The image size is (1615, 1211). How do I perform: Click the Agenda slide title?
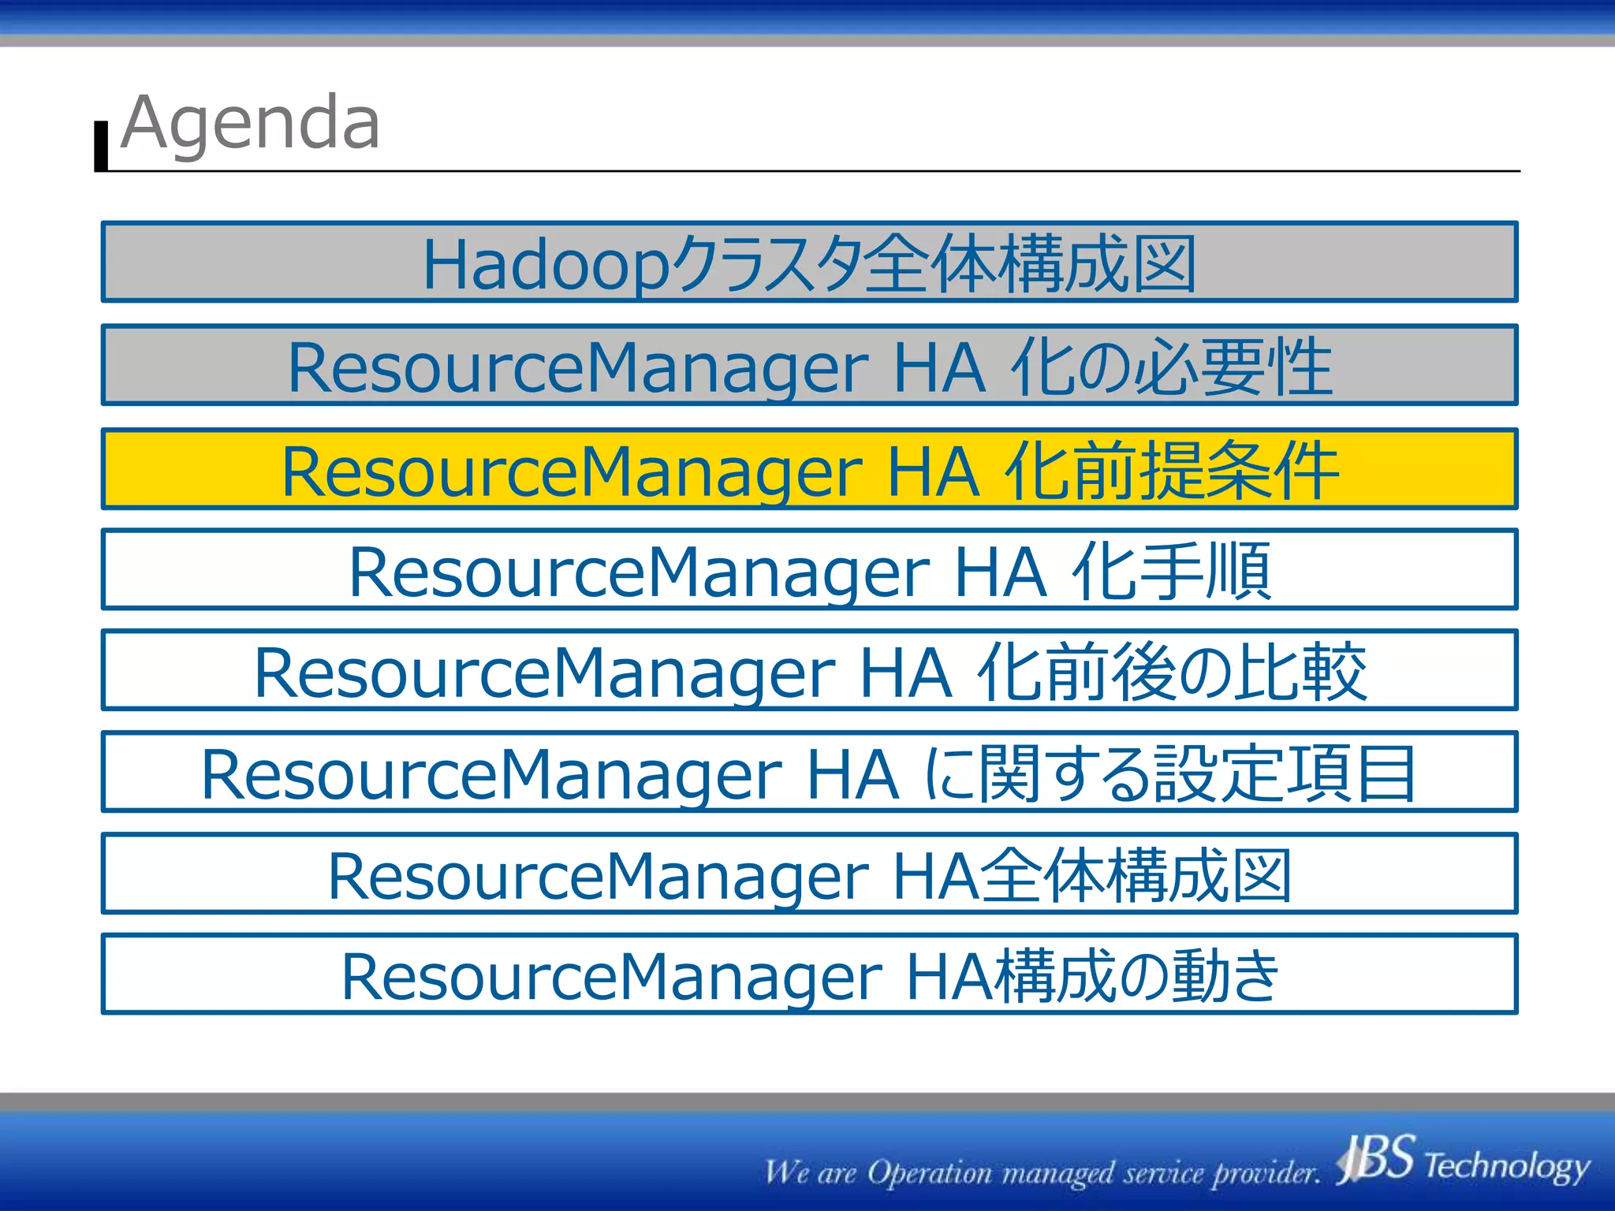[x=251, y=123]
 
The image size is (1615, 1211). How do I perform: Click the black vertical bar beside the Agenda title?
[x=101, y=147]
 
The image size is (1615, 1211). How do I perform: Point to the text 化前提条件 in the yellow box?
[x=1173, y=471]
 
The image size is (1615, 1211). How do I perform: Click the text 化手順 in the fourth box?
[x=1171, y=571]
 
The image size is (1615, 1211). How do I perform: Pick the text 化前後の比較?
[x=1171, y=672]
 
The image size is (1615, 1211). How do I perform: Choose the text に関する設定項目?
[x=1169, y=773]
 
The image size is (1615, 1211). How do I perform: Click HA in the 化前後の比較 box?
[x=904, y=673]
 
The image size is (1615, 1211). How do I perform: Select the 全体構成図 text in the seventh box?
[x=1136, y=875]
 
